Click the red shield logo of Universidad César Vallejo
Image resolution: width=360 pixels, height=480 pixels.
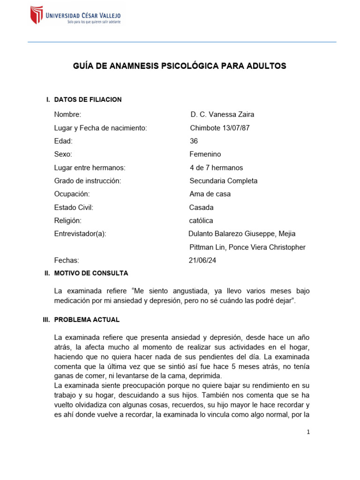point(36,15)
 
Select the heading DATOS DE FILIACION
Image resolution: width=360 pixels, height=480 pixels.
point(88,99)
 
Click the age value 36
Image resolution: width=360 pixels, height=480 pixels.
point(194,141)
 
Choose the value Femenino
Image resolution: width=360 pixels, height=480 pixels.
point(205,154)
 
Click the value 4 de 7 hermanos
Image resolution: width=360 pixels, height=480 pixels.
point(216,168)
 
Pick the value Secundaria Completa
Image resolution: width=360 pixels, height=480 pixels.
point(223,181)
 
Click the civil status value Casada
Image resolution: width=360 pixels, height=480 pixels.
point(201,207)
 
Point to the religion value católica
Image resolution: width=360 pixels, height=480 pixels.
point(201,220)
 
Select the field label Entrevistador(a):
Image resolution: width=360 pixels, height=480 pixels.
point(80,234)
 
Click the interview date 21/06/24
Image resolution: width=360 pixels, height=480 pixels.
point(202,260)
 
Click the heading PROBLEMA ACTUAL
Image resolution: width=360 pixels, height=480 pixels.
point(87,320)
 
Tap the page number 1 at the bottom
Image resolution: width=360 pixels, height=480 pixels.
point(308,432)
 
